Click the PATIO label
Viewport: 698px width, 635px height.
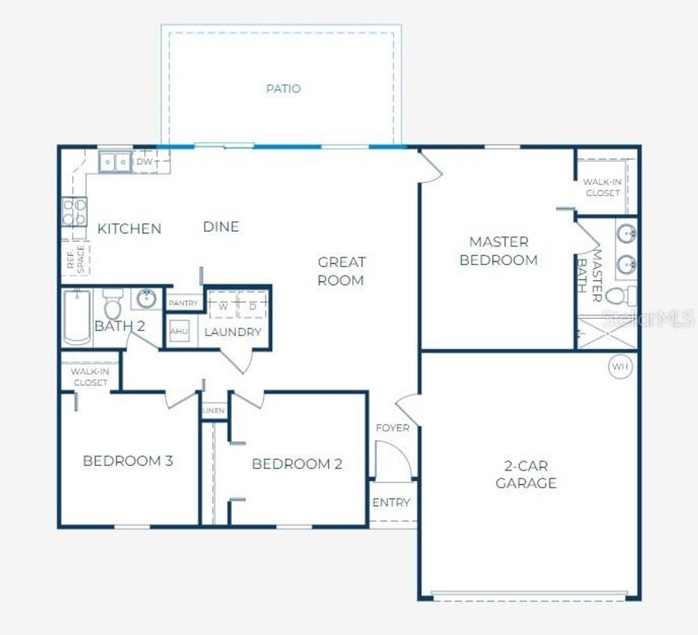coord(283,89)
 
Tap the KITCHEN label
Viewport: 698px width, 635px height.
coord(130,228)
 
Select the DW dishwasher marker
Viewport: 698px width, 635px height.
coord(144,162)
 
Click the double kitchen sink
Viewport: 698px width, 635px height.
coord(115,162)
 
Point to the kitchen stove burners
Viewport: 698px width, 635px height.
coord(74,211)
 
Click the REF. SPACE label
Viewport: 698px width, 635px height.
coord(76,259)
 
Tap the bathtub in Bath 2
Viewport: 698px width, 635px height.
coord(77,316)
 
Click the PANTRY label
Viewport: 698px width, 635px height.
coord(183,303)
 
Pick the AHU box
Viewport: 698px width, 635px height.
coord(179,331)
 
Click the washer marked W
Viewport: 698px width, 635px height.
coord(223,306)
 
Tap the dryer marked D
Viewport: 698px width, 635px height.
coord(252,306)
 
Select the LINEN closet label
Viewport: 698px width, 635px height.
coord(214,412)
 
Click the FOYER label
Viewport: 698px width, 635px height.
coord(393,428)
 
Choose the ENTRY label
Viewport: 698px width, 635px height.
coord(391,502)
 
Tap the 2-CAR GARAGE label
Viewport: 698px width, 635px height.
coord(526,474)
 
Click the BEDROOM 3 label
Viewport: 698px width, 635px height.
coord(127,461)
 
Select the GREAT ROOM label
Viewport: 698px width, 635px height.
coord(341,270)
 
